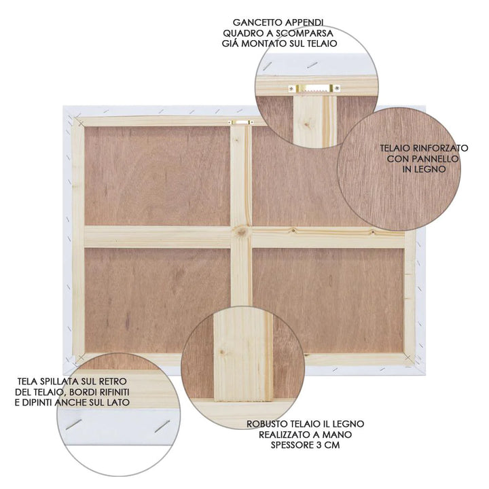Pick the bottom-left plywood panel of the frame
click(x=157, y=300)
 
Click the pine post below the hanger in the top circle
click(x=314, y=119)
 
